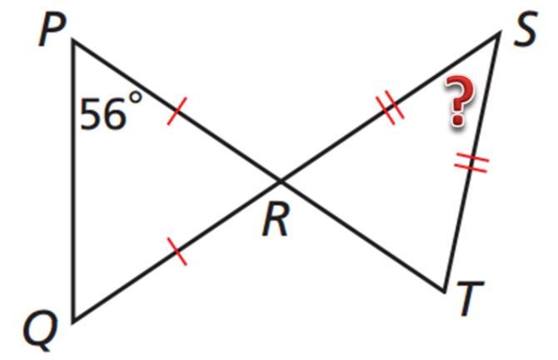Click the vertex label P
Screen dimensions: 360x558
click(52, 32)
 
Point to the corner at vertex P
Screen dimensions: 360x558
click(73, 40)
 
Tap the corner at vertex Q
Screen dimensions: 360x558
click(73, 320)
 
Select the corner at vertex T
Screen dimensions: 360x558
click(445, 292)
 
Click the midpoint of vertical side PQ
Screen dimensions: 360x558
click(73, 180)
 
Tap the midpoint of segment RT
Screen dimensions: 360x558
click(362, 236)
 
